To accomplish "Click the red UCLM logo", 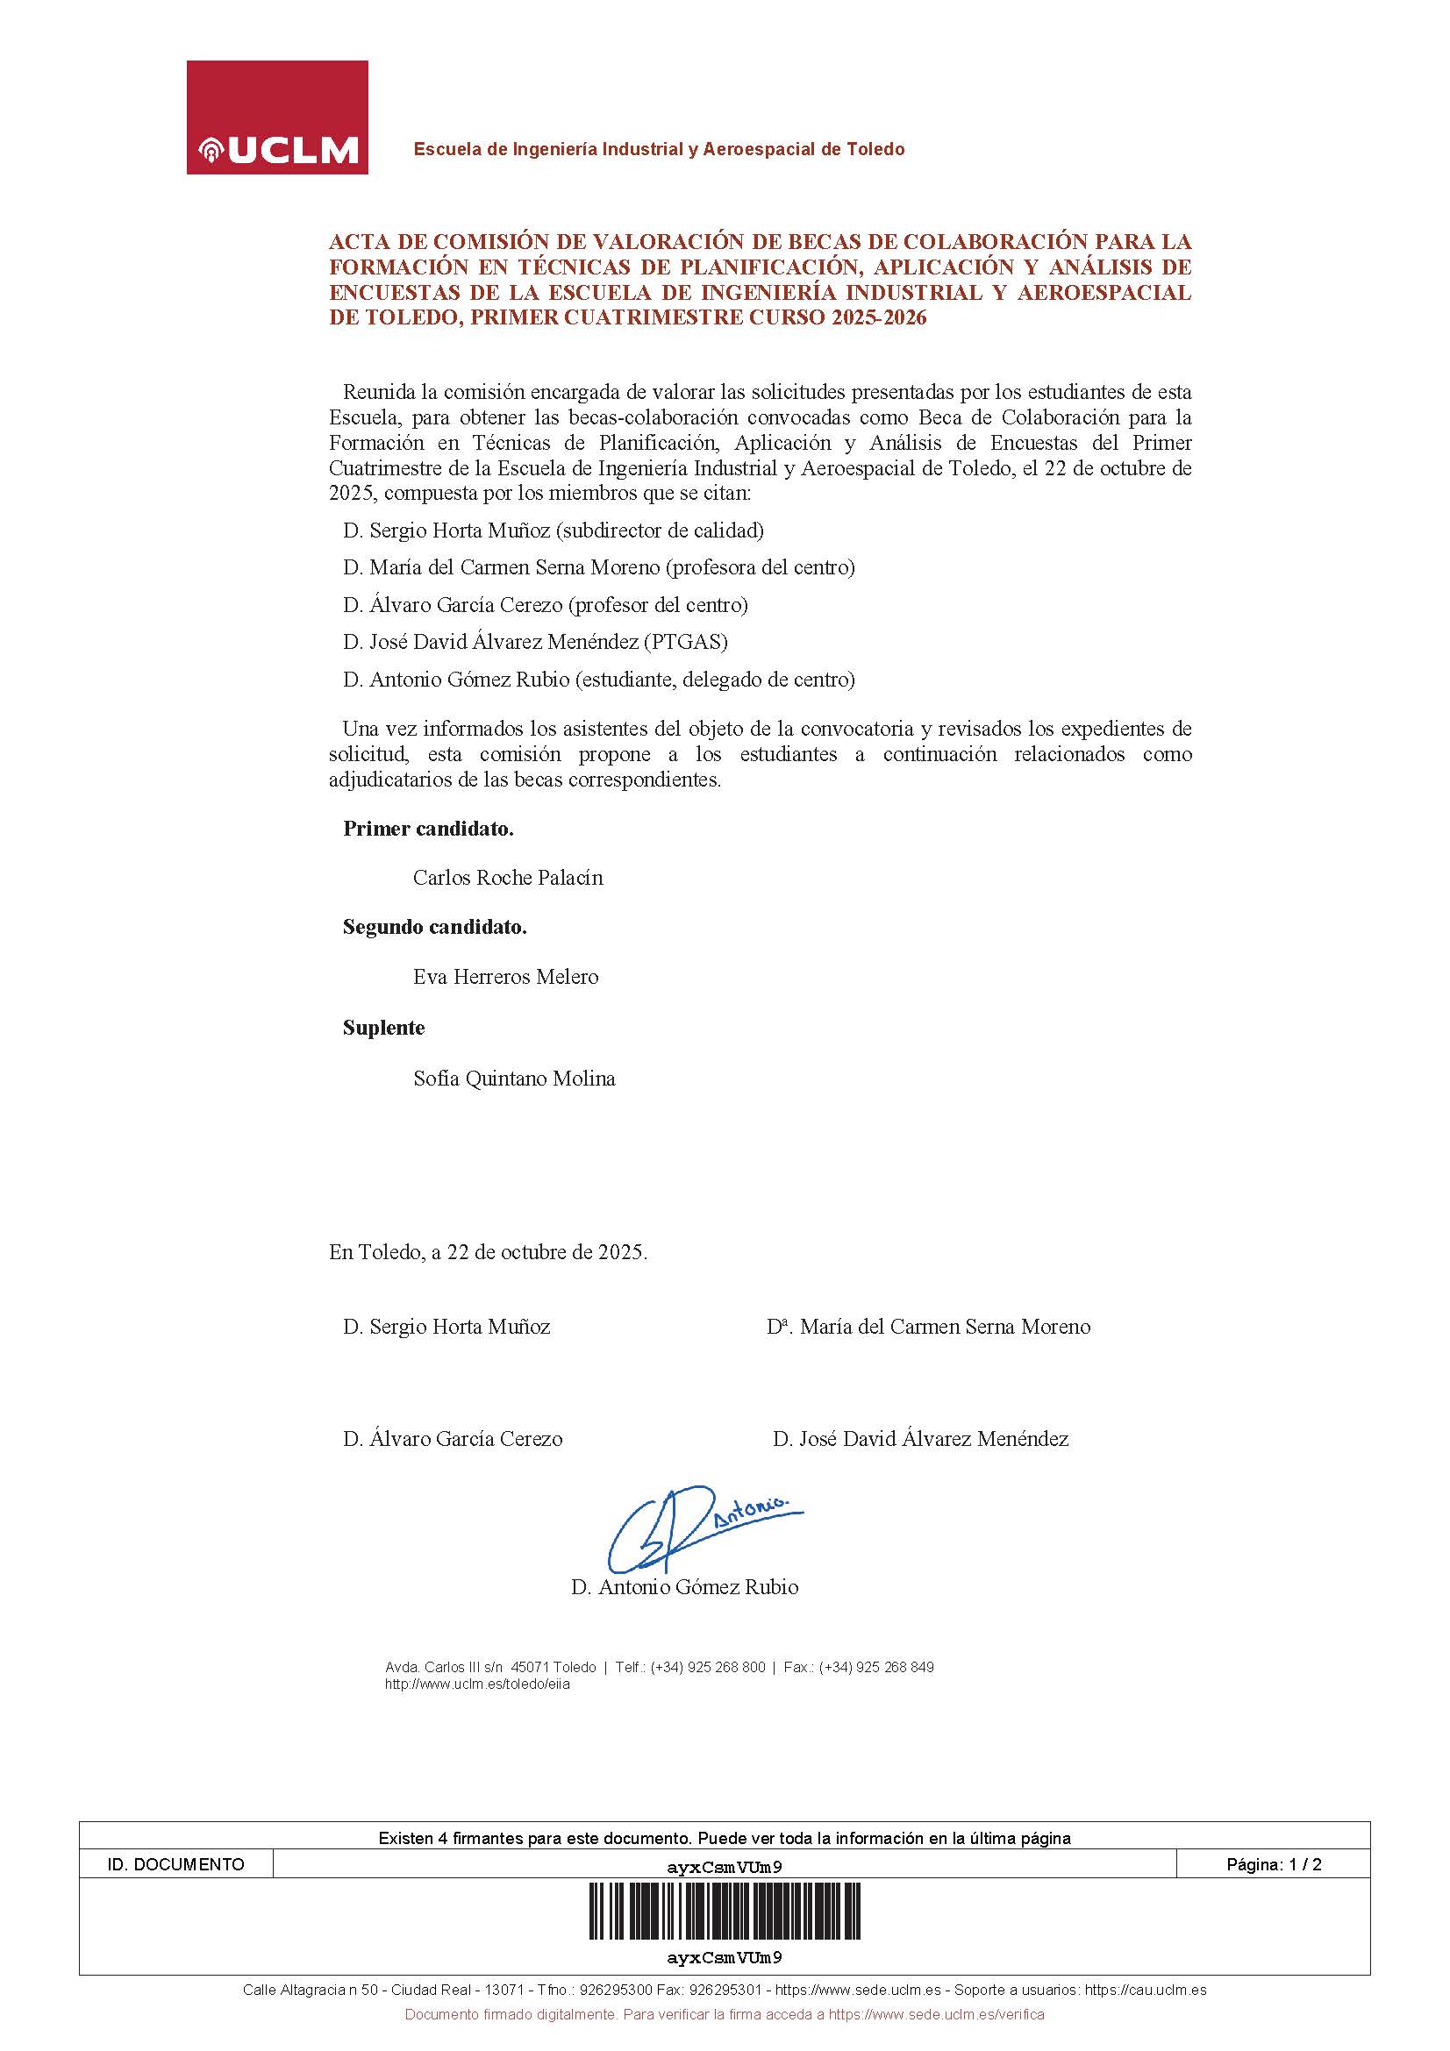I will [277, 117].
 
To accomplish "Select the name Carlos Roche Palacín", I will [507, 878].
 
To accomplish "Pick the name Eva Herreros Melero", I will [505, 977].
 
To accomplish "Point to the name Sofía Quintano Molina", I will [514, 1079].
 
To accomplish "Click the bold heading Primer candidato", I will [428, 829].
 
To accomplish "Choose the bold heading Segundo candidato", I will [434, 927].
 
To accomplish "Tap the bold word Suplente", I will [383, 1029].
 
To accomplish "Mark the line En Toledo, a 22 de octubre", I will [488, 1252].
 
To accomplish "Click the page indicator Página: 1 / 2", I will [1273, 1864].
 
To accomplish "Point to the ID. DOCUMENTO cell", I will [175, 1864].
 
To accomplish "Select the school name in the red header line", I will [659, 149].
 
